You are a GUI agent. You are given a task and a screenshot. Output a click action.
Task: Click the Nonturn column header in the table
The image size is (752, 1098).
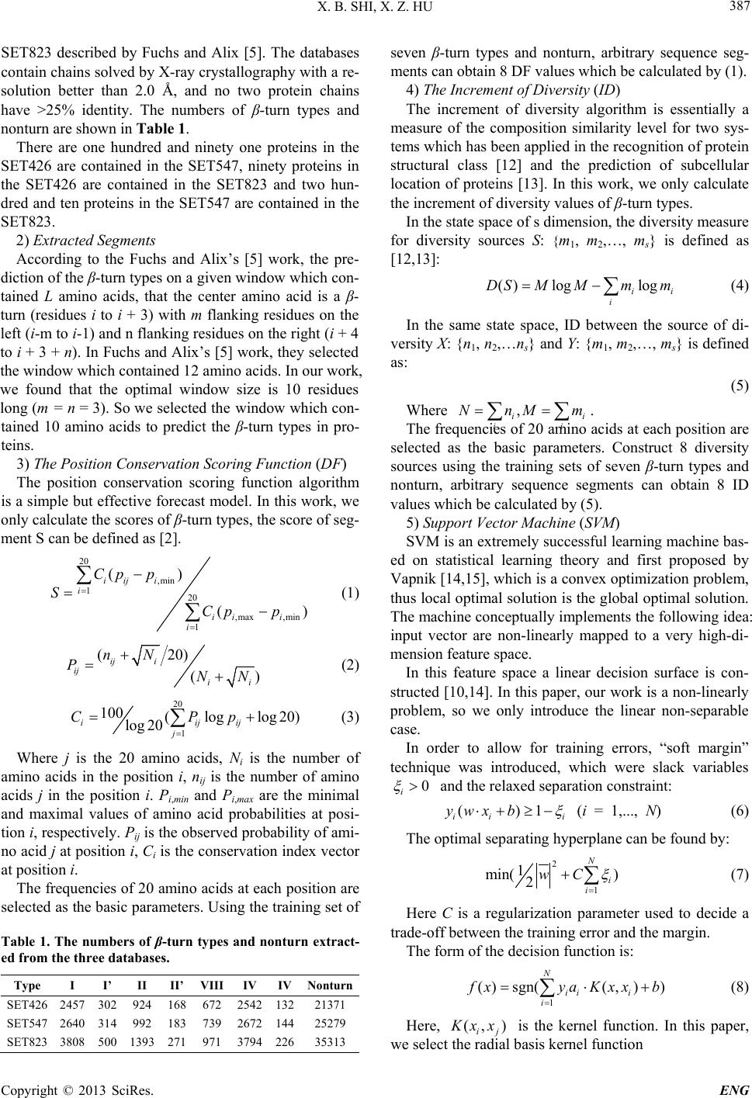click(330, 986)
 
